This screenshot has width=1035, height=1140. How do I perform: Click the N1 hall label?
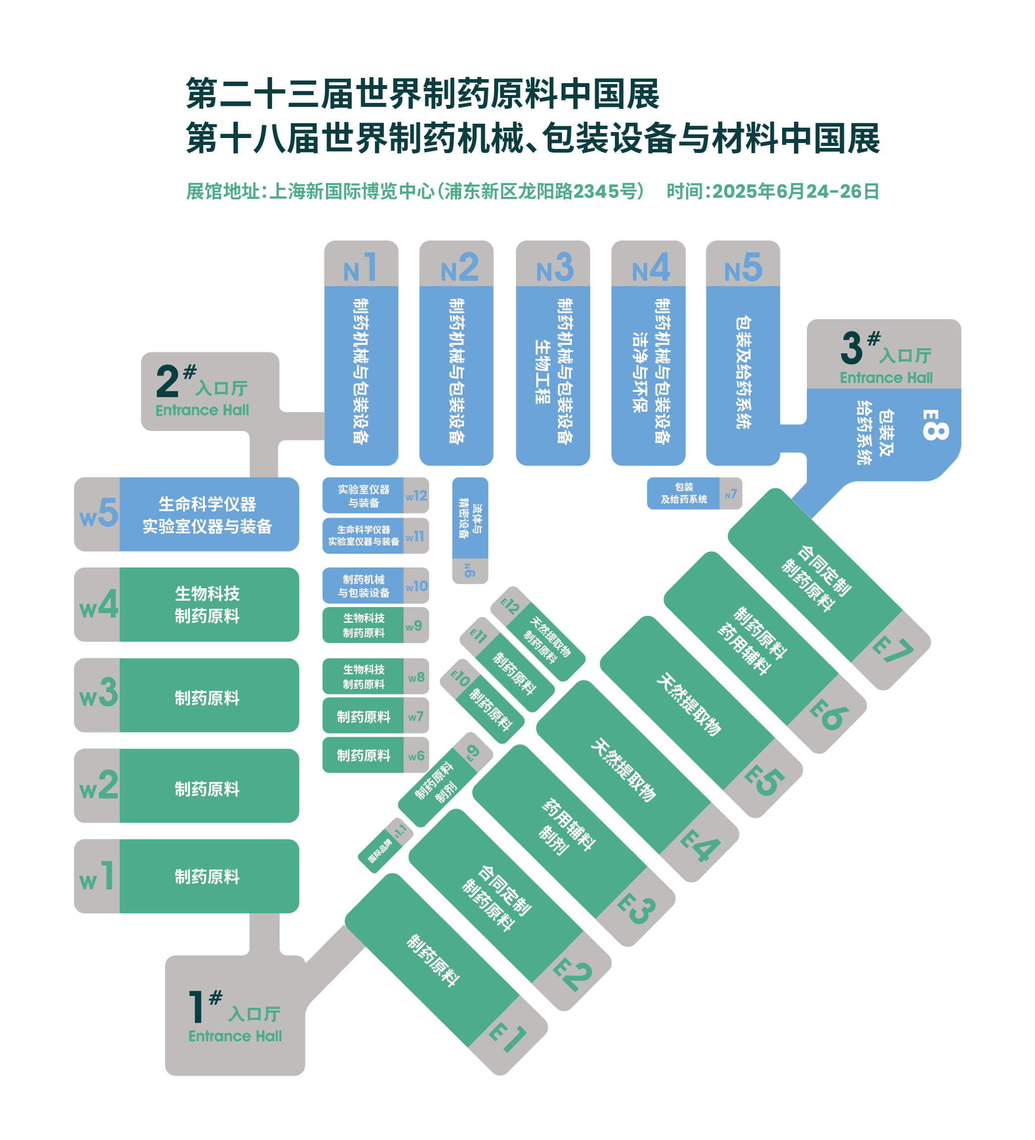[x=360, y=268]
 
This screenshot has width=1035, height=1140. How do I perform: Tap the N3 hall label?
[x=554, y=268]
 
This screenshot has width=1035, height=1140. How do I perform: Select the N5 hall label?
[x=743, y=268]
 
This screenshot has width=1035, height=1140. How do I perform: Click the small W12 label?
[x=416, y=496]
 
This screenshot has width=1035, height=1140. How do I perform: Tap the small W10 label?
[x=416, y=586]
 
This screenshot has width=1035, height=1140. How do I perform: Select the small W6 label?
[x=416, y=756]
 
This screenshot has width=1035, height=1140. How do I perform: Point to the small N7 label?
[x=731, y=494]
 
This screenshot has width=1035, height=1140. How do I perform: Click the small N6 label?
[x=470, y=570]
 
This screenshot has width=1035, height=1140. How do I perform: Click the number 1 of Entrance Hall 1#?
[x=196, y=1006]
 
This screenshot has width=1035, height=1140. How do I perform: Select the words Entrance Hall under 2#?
[x=202, y=410]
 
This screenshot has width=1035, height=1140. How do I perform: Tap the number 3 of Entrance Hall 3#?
[x=851, y=348]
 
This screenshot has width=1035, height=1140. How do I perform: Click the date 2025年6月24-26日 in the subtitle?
[x=795, y=191]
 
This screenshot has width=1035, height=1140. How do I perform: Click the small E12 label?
[x=510, y=606]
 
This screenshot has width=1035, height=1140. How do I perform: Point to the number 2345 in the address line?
[x=596, y=191]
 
